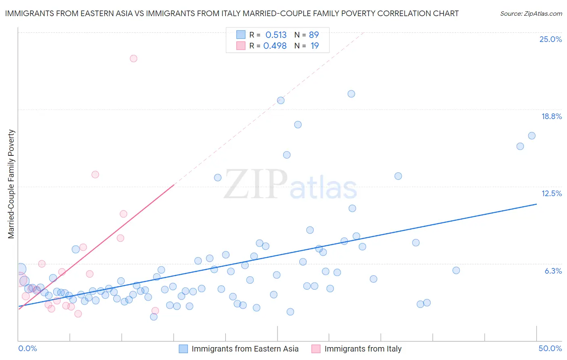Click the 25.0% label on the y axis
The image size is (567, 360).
[550, 39]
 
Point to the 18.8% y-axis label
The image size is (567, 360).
[551, 116]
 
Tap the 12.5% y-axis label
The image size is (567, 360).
[551, 193]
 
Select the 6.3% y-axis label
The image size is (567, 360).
[553, 271]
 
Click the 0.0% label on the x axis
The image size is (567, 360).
[28, 348]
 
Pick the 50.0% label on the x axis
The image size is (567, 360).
[550, 348]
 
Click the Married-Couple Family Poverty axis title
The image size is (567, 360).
[11, 184]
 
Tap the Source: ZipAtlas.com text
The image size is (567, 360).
[531, 14]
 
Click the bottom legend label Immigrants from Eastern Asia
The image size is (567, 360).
[245, 349]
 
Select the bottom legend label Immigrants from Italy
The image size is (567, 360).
[363, 349]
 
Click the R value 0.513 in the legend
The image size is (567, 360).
[276, 35]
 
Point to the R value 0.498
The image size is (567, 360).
[275, 46]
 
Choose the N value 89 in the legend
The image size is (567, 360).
[314, 35]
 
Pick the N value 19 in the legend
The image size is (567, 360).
[315, 46]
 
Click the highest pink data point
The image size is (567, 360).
[133, 59]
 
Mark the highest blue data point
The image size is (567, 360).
[351, 94]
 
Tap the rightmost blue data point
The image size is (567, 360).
[532, 136]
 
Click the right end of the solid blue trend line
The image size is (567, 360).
[536, 204]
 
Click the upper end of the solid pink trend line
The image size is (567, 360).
[174, 185]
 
